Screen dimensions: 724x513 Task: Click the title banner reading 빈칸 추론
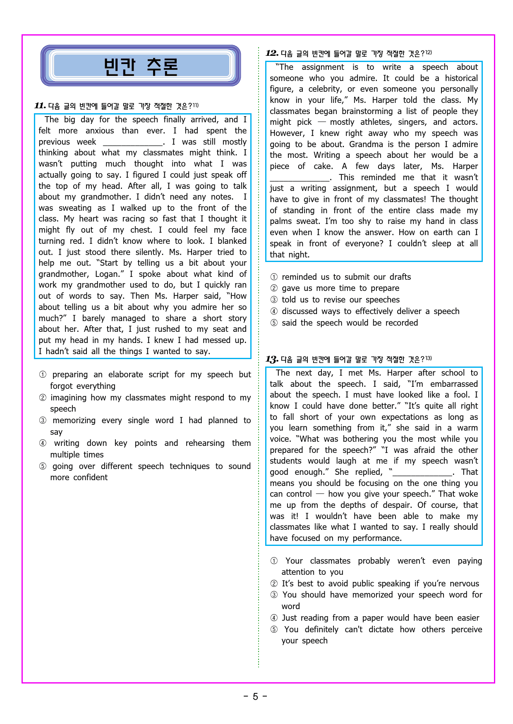click(141, 66)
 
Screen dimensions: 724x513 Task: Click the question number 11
click(40, 106)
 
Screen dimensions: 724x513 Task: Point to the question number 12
click(271, 53)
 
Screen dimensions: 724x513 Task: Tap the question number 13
click(271, 359)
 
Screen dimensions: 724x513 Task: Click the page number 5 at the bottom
click(255, 697)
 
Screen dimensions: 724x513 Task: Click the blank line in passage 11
click(133, 143)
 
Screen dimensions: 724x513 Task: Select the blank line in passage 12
click(300, 179)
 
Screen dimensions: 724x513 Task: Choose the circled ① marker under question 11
click(43, 375)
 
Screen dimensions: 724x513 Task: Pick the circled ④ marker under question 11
click(43, 443)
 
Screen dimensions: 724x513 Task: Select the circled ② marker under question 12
click(274, 288)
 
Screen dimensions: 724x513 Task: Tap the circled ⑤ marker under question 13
click(274, 630)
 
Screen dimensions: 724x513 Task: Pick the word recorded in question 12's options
click(401, 323)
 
